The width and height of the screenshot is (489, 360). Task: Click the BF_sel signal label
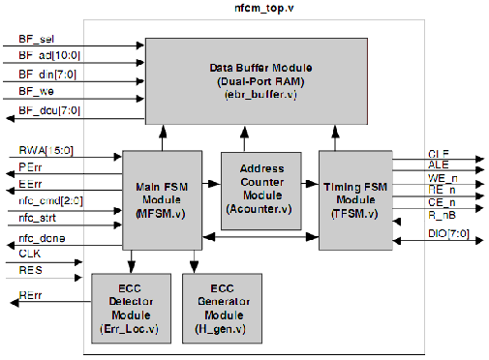pos(36,40)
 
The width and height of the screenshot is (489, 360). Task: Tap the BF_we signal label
pos(35,91)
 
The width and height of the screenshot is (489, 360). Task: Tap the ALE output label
pos(439,165)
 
